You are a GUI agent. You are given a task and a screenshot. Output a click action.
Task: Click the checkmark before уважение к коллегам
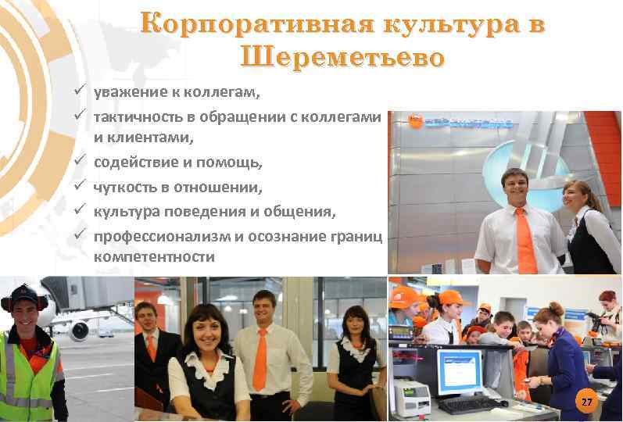coord(80,94)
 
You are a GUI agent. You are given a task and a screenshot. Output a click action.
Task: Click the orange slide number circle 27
coord(586,402)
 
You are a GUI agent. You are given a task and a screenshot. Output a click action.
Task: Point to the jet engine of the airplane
coord(80,330)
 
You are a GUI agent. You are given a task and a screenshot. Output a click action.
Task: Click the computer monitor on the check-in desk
coord(460,372)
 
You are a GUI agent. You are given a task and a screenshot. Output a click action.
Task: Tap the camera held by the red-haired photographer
coord(599,320)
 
